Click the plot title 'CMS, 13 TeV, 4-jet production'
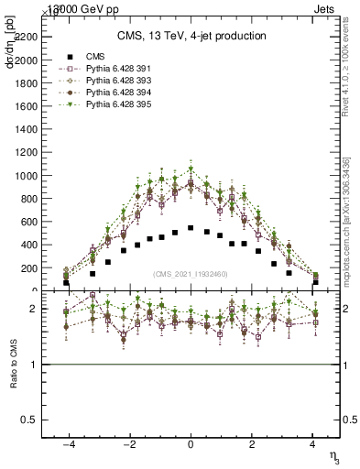tap(191, 36)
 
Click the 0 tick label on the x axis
tap(191, 442)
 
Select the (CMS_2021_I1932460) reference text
tap(191, 273)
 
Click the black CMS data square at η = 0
tap(191, 228)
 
